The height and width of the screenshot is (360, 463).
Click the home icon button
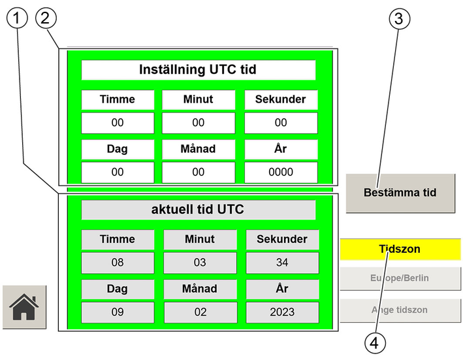click(25, 307)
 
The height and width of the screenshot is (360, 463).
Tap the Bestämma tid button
click(400, 193)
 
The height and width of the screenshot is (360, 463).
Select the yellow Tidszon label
click(400, 249)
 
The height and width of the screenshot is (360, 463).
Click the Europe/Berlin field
click(400, 278)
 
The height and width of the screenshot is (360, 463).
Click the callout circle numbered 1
click(17, 18)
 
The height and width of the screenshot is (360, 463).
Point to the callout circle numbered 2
click(46, 18)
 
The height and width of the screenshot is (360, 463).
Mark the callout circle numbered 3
click(399, 18)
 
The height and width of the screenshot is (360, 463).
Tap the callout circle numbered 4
click(375, 343)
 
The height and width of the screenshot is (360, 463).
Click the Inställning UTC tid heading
click(198, 70)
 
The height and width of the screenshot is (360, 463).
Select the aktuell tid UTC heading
click(198, 210)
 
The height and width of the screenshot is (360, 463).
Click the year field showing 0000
click(281, 172)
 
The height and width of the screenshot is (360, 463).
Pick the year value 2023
click(282, 312)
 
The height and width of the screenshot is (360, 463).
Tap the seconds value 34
click(282, 263)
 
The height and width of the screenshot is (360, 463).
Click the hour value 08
click(118, 263)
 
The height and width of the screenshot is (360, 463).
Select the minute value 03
click(200, 263)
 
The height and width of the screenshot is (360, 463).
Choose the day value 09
click(118, 312)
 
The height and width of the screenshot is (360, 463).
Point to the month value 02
click(200, 312)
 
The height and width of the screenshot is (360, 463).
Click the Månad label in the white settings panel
click(198, 149)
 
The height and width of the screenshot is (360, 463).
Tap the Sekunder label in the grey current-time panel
click(282, 239)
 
